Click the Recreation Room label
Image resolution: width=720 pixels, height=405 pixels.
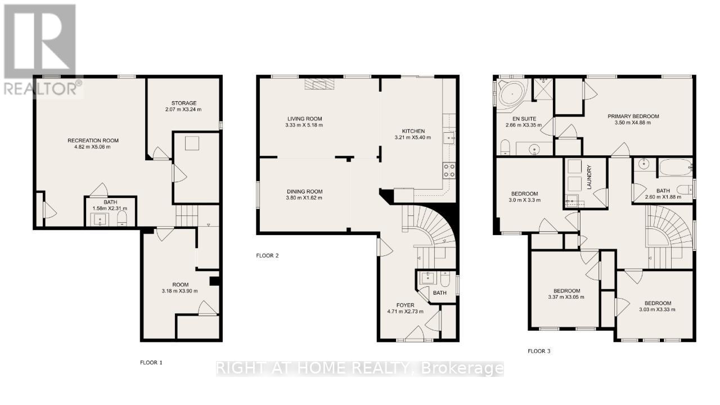(93, 140)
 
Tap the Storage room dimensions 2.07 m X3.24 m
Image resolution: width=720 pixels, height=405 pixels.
(184, 109)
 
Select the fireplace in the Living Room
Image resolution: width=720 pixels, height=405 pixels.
(319, 84)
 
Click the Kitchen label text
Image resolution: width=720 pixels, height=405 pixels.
(413, 130)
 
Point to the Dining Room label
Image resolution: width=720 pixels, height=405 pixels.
(304, 191)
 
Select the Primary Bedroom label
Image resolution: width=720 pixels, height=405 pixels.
(633, 116)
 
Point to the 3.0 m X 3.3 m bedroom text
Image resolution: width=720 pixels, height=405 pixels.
(524, 200)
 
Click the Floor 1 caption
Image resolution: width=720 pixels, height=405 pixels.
(151, 363)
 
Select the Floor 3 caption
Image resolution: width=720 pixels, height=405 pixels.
(539, 351)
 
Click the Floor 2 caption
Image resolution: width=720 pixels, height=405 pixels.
(267, 255)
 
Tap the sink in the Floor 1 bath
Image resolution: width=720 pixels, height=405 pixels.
(102, 219)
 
